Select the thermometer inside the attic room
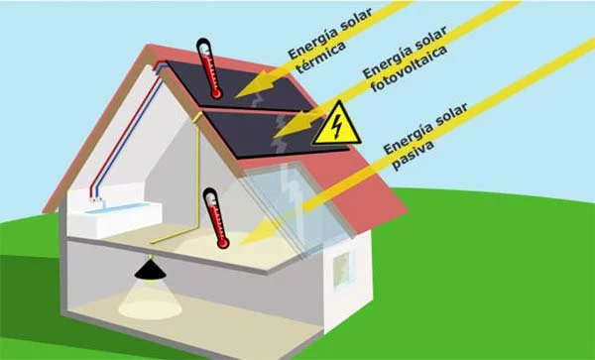(213, 218)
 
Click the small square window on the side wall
(342, 263)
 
